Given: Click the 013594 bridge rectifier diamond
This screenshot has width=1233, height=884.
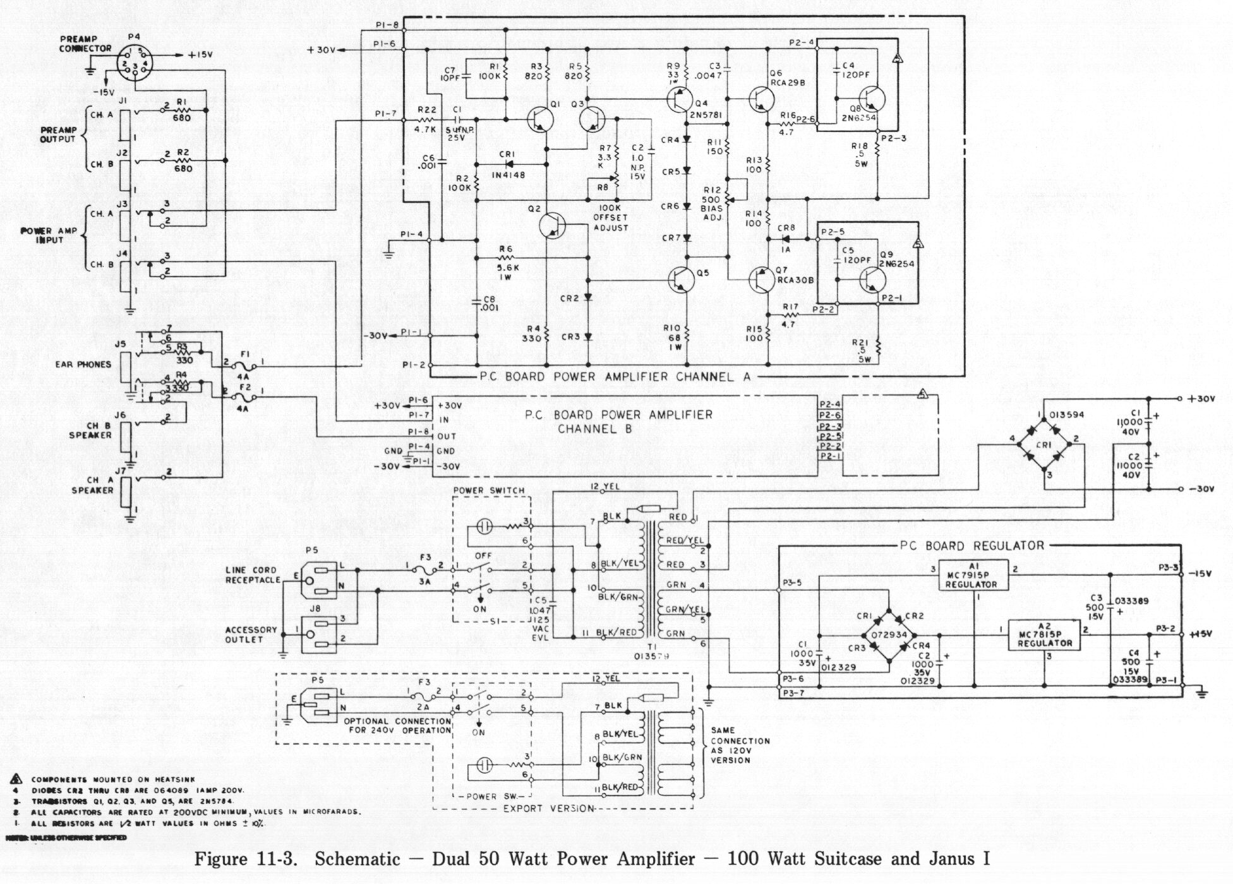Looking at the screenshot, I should point(1044,445).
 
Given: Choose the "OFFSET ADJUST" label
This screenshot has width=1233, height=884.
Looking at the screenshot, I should point(611,217).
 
